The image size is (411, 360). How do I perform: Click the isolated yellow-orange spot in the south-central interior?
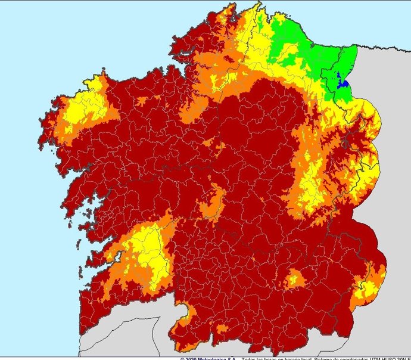[x=294, y=278]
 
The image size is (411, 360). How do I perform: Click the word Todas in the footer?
[x=251, y=358]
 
